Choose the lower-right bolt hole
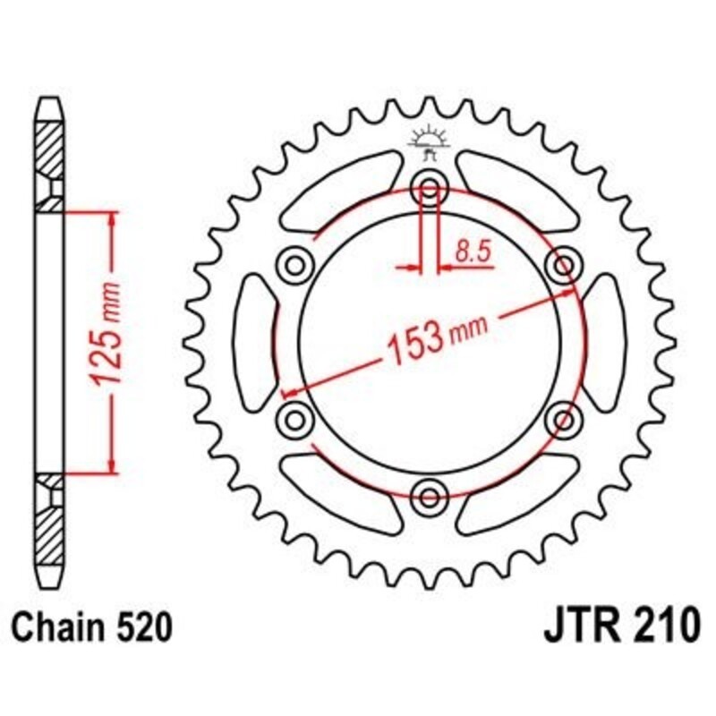pyautogui.click(x=564, y=418)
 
